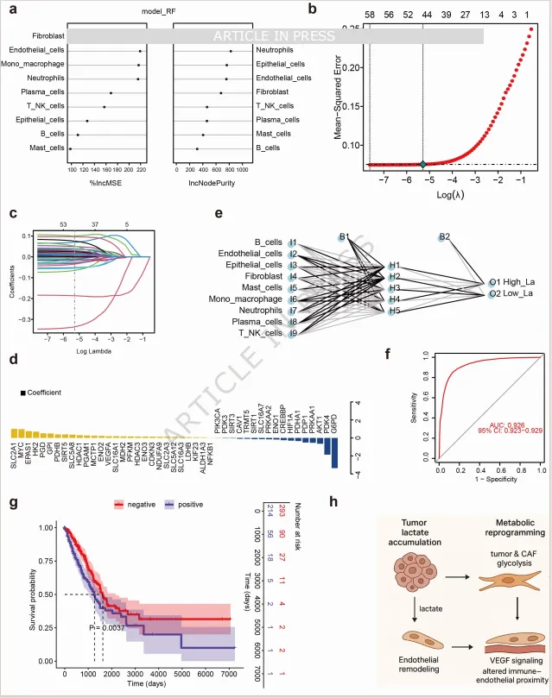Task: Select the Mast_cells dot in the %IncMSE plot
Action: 71,148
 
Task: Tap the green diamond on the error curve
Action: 422,164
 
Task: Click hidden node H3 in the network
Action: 394,287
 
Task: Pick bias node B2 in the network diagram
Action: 445,236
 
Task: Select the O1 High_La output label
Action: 517,281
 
